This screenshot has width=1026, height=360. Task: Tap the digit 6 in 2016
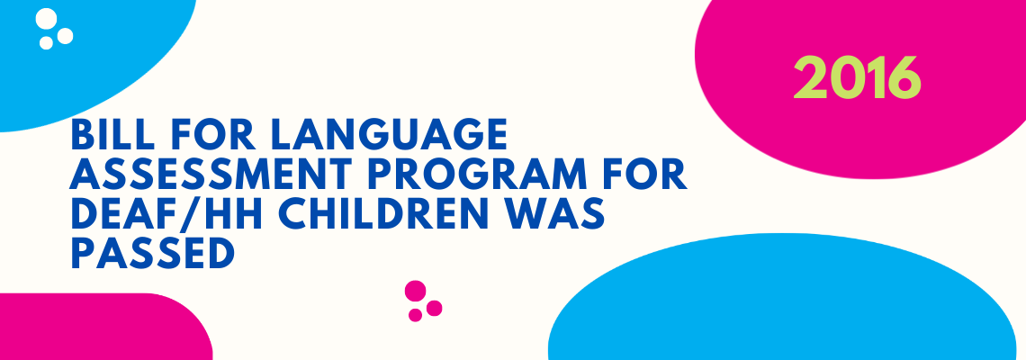coord(903,77)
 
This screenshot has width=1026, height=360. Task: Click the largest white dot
coord(47,18)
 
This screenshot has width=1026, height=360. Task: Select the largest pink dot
coord(416,291)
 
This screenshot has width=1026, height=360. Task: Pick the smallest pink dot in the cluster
coord(416,316)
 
